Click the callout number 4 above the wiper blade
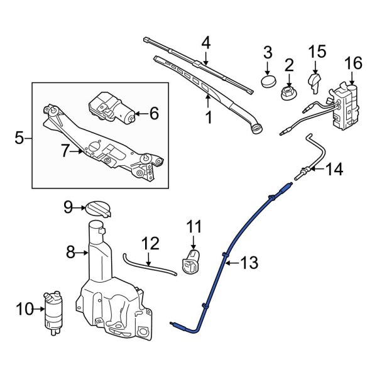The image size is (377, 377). point(205,43)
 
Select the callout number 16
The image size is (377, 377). point(354,63)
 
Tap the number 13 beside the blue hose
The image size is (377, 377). point(249,264)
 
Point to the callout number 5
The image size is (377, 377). point(19,136)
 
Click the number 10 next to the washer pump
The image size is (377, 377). point(23,309)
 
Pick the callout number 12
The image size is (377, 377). point(150,243)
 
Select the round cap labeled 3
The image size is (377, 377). point(268,80)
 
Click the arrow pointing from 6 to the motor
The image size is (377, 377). point(141,114)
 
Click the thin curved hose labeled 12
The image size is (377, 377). point(148,265)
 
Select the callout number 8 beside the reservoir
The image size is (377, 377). point(71,253)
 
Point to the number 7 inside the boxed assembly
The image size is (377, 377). point(65,151)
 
